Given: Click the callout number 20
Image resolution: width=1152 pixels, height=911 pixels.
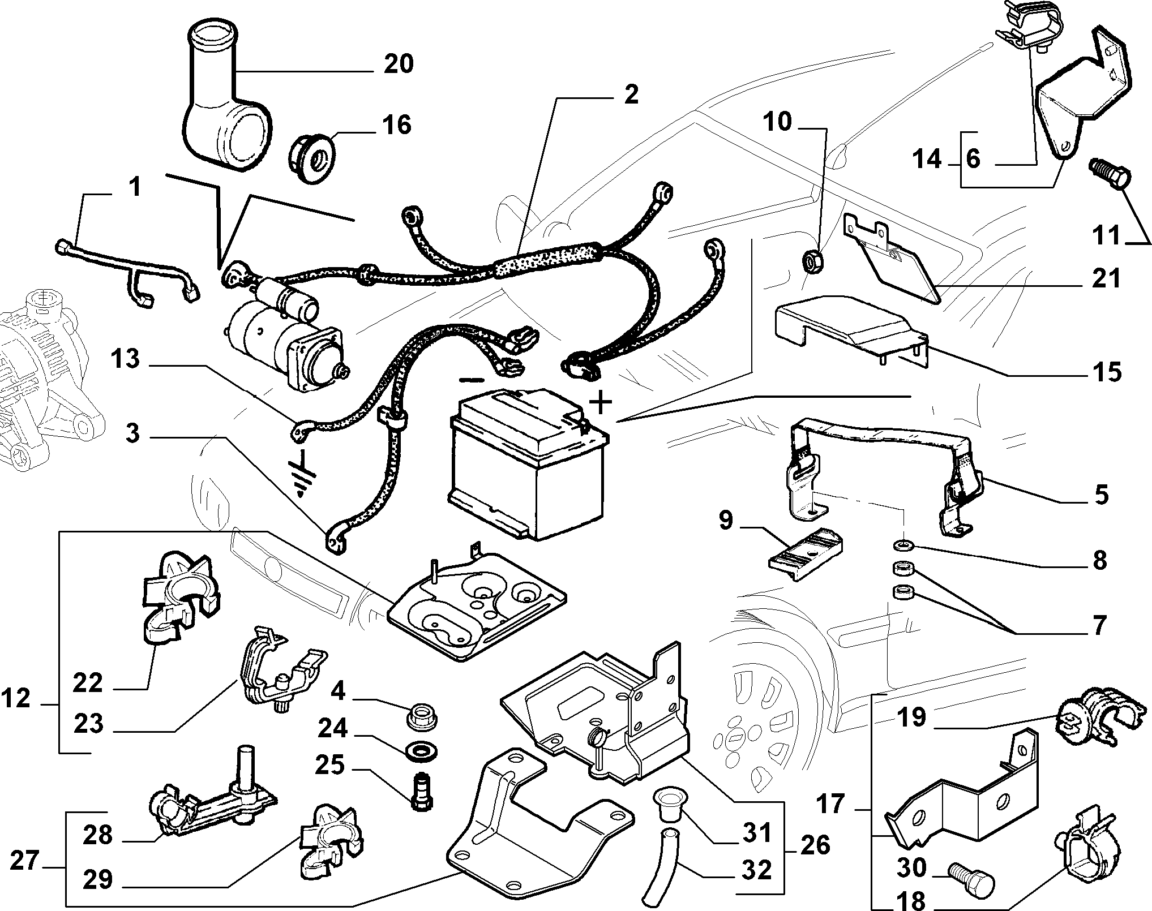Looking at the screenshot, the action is [x=399, y=64].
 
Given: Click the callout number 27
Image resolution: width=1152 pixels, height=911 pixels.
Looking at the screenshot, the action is [x=25, y=862].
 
